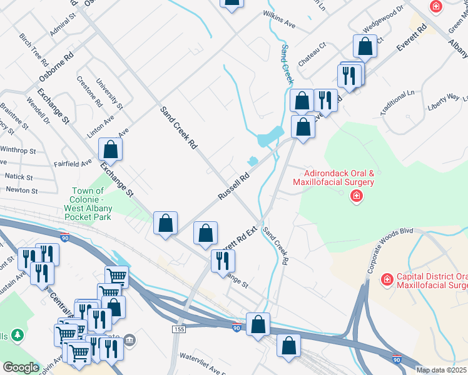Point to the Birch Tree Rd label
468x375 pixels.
[34, 49]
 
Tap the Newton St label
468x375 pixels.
[22, 190]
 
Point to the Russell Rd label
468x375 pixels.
[233, 186]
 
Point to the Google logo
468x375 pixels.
[21, 367]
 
